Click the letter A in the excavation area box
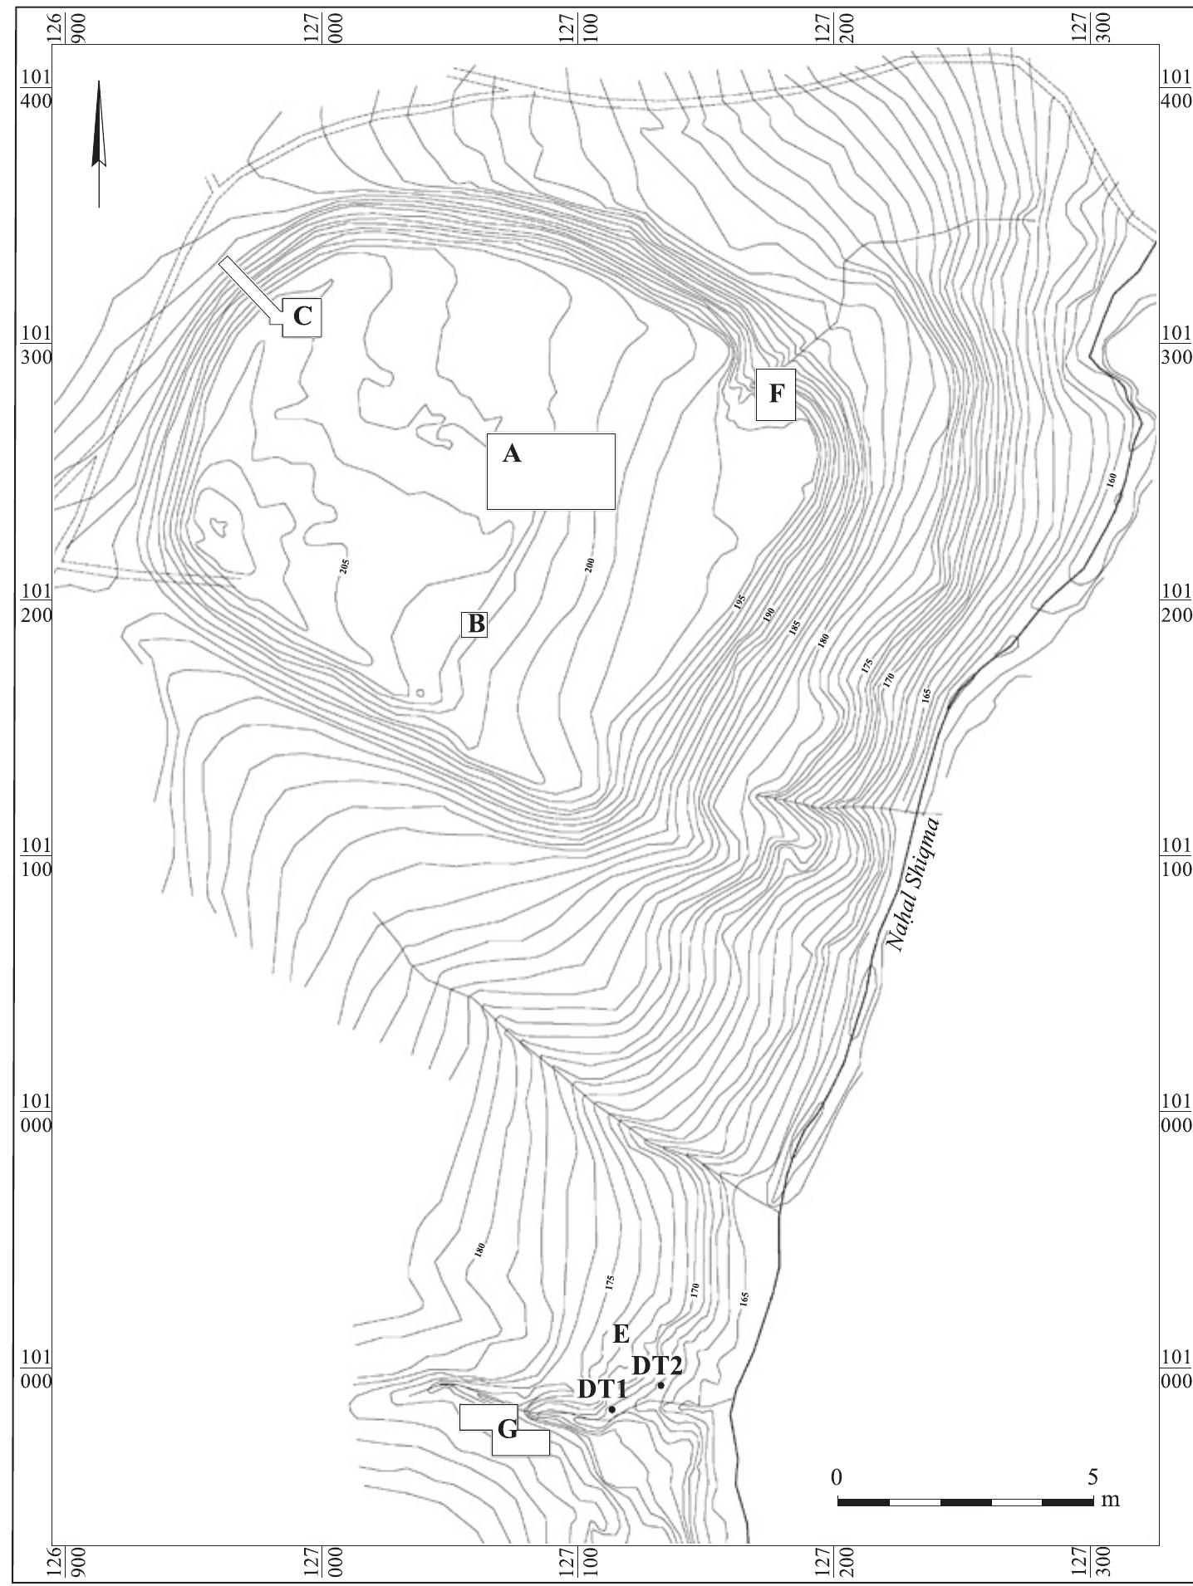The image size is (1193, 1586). (512, 453)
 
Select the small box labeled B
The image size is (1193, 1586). (475, 624)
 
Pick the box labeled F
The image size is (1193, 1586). (776, 394)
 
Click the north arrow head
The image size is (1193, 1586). (99, 125)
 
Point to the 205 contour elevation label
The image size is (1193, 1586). (344, 566)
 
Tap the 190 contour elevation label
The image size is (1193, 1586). (768, 615)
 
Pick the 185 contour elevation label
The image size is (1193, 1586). (794, 627)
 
